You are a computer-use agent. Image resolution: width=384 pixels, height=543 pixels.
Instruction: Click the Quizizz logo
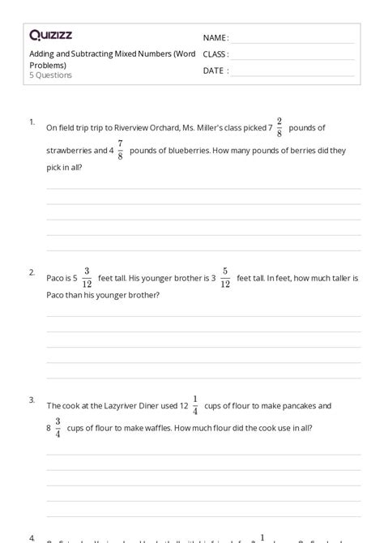coord(51,35)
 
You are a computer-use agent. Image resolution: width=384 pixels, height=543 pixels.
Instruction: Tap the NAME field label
coord(215,38)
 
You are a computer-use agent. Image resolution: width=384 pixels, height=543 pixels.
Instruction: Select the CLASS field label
coord(216,54)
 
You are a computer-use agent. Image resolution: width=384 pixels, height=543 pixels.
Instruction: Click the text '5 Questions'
coord(50,75)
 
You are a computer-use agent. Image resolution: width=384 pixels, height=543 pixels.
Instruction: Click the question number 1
coord(32,122)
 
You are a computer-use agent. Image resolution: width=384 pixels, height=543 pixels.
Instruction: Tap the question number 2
coord(32,271)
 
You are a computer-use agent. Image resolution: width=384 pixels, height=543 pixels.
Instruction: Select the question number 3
coord(32,400)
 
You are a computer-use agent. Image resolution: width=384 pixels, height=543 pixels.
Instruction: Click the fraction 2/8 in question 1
coord(279,127)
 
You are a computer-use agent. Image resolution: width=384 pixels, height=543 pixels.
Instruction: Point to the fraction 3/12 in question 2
coord(87,277)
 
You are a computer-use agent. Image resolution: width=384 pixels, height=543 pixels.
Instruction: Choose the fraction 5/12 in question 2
coord(225,277)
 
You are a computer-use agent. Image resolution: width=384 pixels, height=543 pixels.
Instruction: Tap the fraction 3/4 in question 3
coord(58,427)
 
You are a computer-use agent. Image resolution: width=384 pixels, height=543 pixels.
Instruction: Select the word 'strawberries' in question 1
coord(68,151)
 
